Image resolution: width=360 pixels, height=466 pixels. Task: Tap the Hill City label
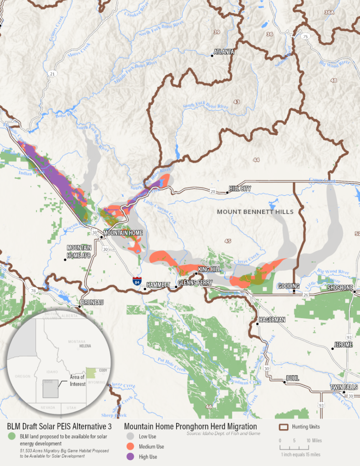[x=240, y=188]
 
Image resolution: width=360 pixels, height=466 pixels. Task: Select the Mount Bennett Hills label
[x=255, y=212]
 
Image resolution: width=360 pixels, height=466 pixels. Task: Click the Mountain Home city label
[x=123, y=233]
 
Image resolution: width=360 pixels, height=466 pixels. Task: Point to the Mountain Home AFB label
[x=79, y=251]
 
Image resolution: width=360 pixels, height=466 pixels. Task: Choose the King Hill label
[x=209, y=269]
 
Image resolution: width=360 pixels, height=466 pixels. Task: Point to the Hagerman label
[x=272, y=319]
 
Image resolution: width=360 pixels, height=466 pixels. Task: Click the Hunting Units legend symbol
[x=284, y=427]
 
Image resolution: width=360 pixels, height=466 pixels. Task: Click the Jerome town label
[x=343, y=344]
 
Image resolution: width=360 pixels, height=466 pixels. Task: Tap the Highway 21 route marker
[x=53, y=74]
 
